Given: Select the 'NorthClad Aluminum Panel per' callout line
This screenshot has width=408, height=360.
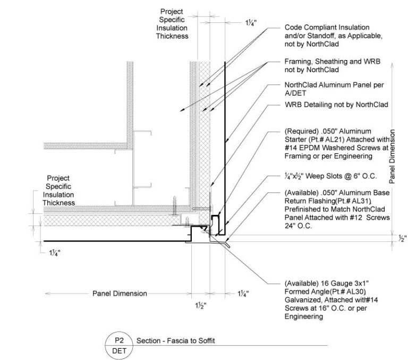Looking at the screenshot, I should [x=335, y=85].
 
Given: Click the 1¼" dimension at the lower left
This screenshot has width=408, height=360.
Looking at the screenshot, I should [x=52, y=254].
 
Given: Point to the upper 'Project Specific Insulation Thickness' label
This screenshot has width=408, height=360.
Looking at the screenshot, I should [x=172, y=23].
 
